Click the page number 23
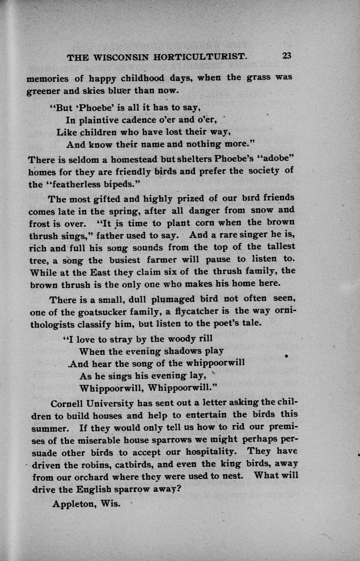click(x=286, y=56)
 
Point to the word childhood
click(x=137, y=78)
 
